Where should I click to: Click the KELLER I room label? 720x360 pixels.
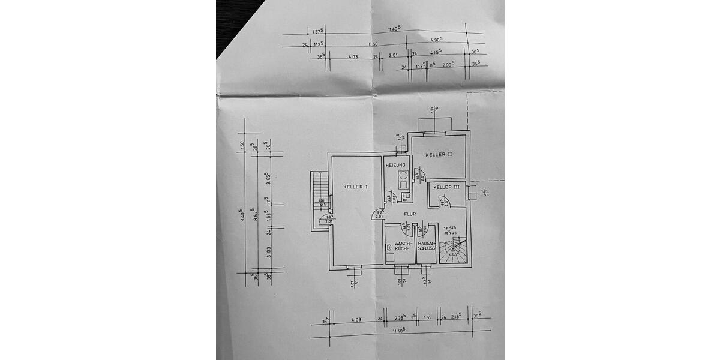(x=355, y=187)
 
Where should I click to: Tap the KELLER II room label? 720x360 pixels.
(x=439, y=155)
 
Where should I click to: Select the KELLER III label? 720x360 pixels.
(x=446, y=187)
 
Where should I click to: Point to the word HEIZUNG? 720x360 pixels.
(x=395, y=165)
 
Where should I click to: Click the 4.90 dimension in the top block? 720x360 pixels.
(x=436, y=40)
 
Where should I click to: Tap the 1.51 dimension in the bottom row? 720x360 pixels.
(x=428, y=319)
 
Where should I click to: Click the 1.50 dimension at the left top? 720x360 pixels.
(x=243, y=144)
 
